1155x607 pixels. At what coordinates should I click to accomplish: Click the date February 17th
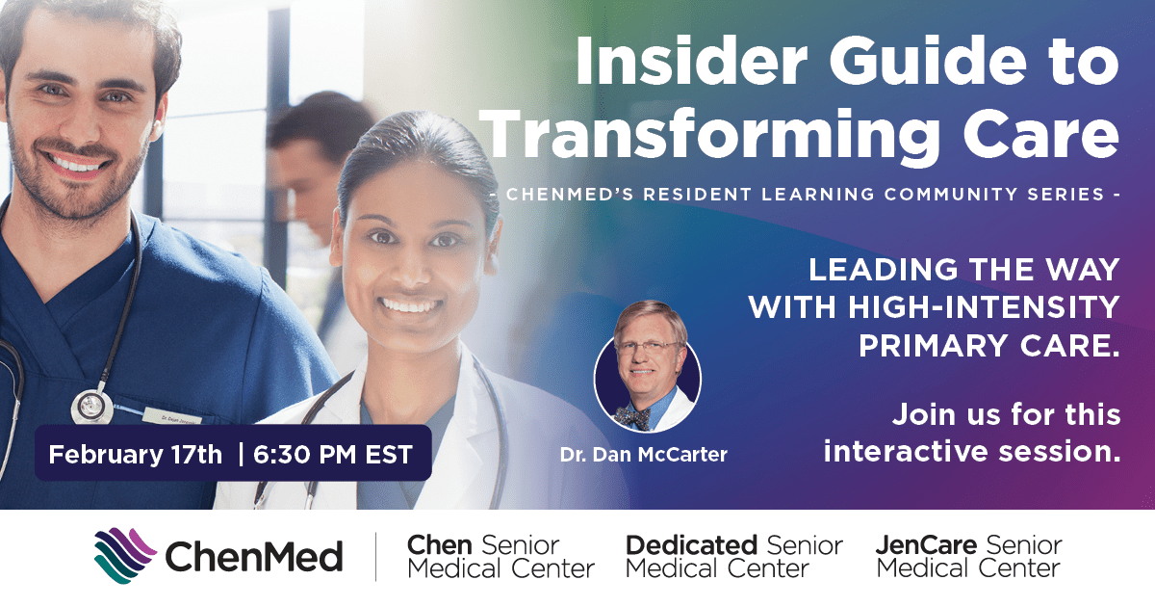tap(135, 454)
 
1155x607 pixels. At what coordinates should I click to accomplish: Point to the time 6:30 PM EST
tap(332, 454)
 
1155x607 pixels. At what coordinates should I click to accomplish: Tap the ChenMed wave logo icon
tap(124, 557)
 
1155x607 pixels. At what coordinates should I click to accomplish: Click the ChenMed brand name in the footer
tap(254, 557)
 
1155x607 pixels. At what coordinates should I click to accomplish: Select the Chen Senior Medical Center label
tap(500, 557)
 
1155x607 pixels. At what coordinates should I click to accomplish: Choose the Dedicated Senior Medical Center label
tap(733, 557)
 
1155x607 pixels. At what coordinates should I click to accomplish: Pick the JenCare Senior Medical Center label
tap(968, 557)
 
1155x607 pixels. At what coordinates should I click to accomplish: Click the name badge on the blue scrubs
tap(170, 416)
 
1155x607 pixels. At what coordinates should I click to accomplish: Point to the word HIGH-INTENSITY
tap(981, 307)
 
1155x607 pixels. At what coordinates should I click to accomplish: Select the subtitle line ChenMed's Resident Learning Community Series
tap(804, 194)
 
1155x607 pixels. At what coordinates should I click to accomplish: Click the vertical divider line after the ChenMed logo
tap(375, 557)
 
